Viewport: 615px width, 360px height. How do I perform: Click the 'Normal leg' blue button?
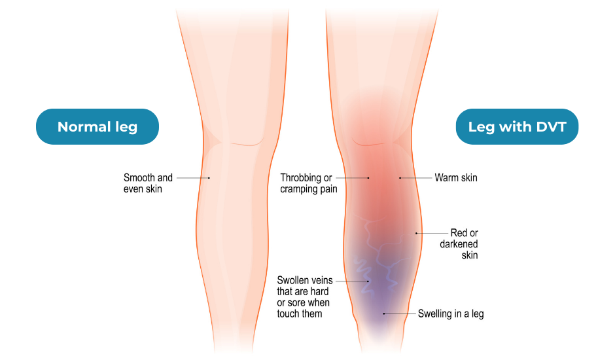[97, 126]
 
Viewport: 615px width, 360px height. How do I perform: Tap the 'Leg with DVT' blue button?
[517, 126]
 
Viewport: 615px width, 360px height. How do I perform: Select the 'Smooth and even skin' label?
[148, 183]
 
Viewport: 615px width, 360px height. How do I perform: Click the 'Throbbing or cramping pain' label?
[308, 183]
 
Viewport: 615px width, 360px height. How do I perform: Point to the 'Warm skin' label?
[456, 178]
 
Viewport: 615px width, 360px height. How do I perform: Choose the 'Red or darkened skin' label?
[459, 243]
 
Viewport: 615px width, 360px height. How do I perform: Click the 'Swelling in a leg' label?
[451, 314]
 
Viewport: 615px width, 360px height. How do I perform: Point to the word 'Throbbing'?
[302, 178]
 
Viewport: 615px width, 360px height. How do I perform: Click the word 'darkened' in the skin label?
[459, 244]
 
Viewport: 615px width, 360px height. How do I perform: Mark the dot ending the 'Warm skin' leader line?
[400, 178]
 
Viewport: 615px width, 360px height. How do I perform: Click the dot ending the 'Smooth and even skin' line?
[209, 178]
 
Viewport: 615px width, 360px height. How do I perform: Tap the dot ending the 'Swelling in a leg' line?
[384, 314]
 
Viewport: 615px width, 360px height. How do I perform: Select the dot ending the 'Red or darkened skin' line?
[416, 233]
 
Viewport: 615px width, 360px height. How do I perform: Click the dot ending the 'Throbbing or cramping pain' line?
[368, 178]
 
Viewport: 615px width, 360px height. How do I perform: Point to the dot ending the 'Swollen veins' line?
[368, 281]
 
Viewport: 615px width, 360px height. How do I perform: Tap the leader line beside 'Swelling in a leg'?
[400, 314]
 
